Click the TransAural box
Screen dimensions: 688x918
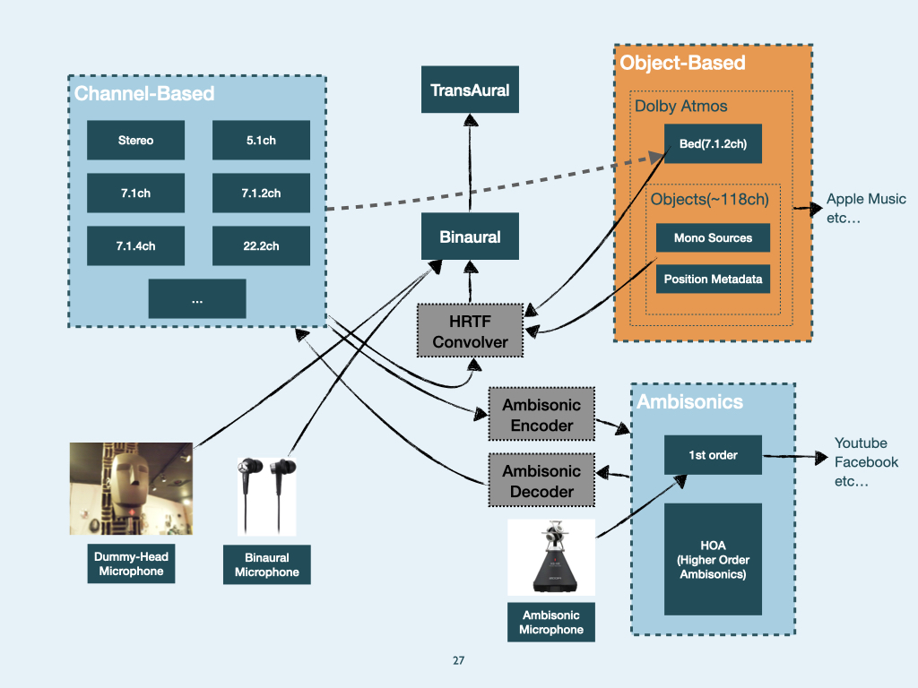(470, 90)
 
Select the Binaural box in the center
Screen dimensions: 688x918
(470, 237)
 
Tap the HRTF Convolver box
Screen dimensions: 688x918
(470, 330)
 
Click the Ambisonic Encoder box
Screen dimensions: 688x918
(541, 415)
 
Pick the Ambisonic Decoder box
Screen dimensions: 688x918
(541, 481)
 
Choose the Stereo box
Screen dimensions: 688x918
(135, 141)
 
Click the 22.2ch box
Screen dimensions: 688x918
(261, 246)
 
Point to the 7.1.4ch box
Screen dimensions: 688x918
(135, 246)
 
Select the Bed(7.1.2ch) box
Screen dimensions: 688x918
(713, 144)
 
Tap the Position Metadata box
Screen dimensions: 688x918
(713, 279)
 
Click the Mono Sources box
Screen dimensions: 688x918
(713, 238)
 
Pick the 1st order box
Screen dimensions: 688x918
(713, 455)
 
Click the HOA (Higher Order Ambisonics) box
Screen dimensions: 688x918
(713, 560)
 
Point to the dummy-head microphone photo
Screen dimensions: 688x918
(131, 488)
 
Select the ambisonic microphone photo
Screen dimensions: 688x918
(550, 557)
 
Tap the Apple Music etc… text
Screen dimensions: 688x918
(865, 208)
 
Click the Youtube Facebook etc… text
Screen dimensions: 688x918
(866, 462)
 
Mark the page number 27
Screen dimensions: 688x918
(459, 661)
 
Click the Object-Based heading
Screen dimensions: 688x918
(683, 63)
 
